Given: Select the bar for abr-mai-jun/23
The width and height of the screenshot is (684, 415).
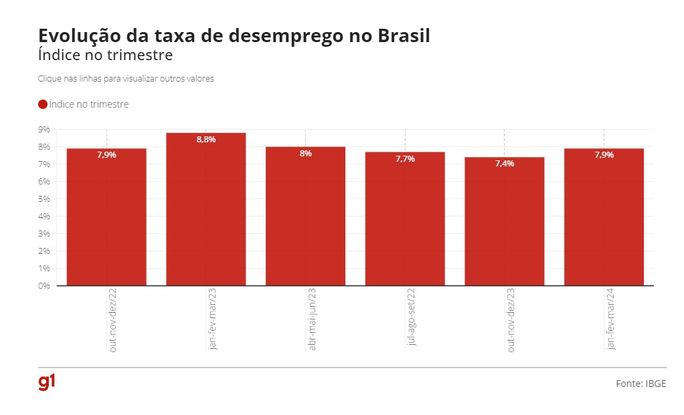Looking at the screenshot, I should coord(305,216).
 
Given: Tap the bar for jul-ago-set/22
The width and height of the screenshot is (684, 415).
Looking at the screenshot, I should coord(405,219).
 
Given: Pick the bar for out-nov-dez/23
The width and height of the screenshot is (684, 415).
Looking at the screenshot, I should coord(504,221).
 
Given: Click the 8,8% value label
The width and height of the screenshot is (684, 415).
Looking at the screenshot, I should coord(205,140).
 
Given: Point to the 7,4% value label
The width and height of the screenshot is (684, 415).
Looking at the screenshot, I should coord(505,164).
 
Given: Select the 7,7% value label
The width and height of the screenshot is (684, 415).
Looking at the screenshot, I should coord(405,159).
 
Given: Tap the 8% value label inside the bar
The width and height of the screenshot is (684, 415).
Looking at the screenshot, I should coord(305,154).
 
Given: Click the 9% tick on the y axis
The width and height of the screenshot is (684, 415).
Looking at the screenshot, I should coord(44,129).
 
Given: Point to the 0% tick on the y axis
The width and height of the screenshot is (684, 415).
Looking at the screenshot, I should coord(44,285).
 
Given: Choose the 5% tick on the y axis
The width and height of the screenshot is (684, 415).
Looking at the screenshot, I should coord(44,198).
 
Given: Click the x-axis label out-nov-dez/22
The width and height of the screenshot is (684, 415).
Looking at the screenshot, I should coord(112,321).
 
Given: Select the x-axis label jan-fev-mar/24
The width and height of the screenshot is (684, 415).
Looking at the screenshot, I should coord(610,319).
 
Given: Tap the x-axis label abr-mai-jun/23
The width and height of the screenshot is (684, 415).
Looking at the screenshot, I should coord(312,320).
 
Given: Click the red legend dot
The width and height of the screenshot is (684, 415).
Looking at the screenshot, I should coord(43,104).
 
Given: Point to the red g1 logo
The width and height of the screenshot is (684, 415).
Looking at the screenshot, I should coord(47,383).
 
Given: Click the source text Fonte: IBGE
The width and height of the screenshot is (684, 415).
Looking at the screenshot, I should coord(640,384).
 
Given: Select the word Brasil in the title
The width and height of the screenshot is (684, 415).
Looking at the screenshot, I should coord(399,36).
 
